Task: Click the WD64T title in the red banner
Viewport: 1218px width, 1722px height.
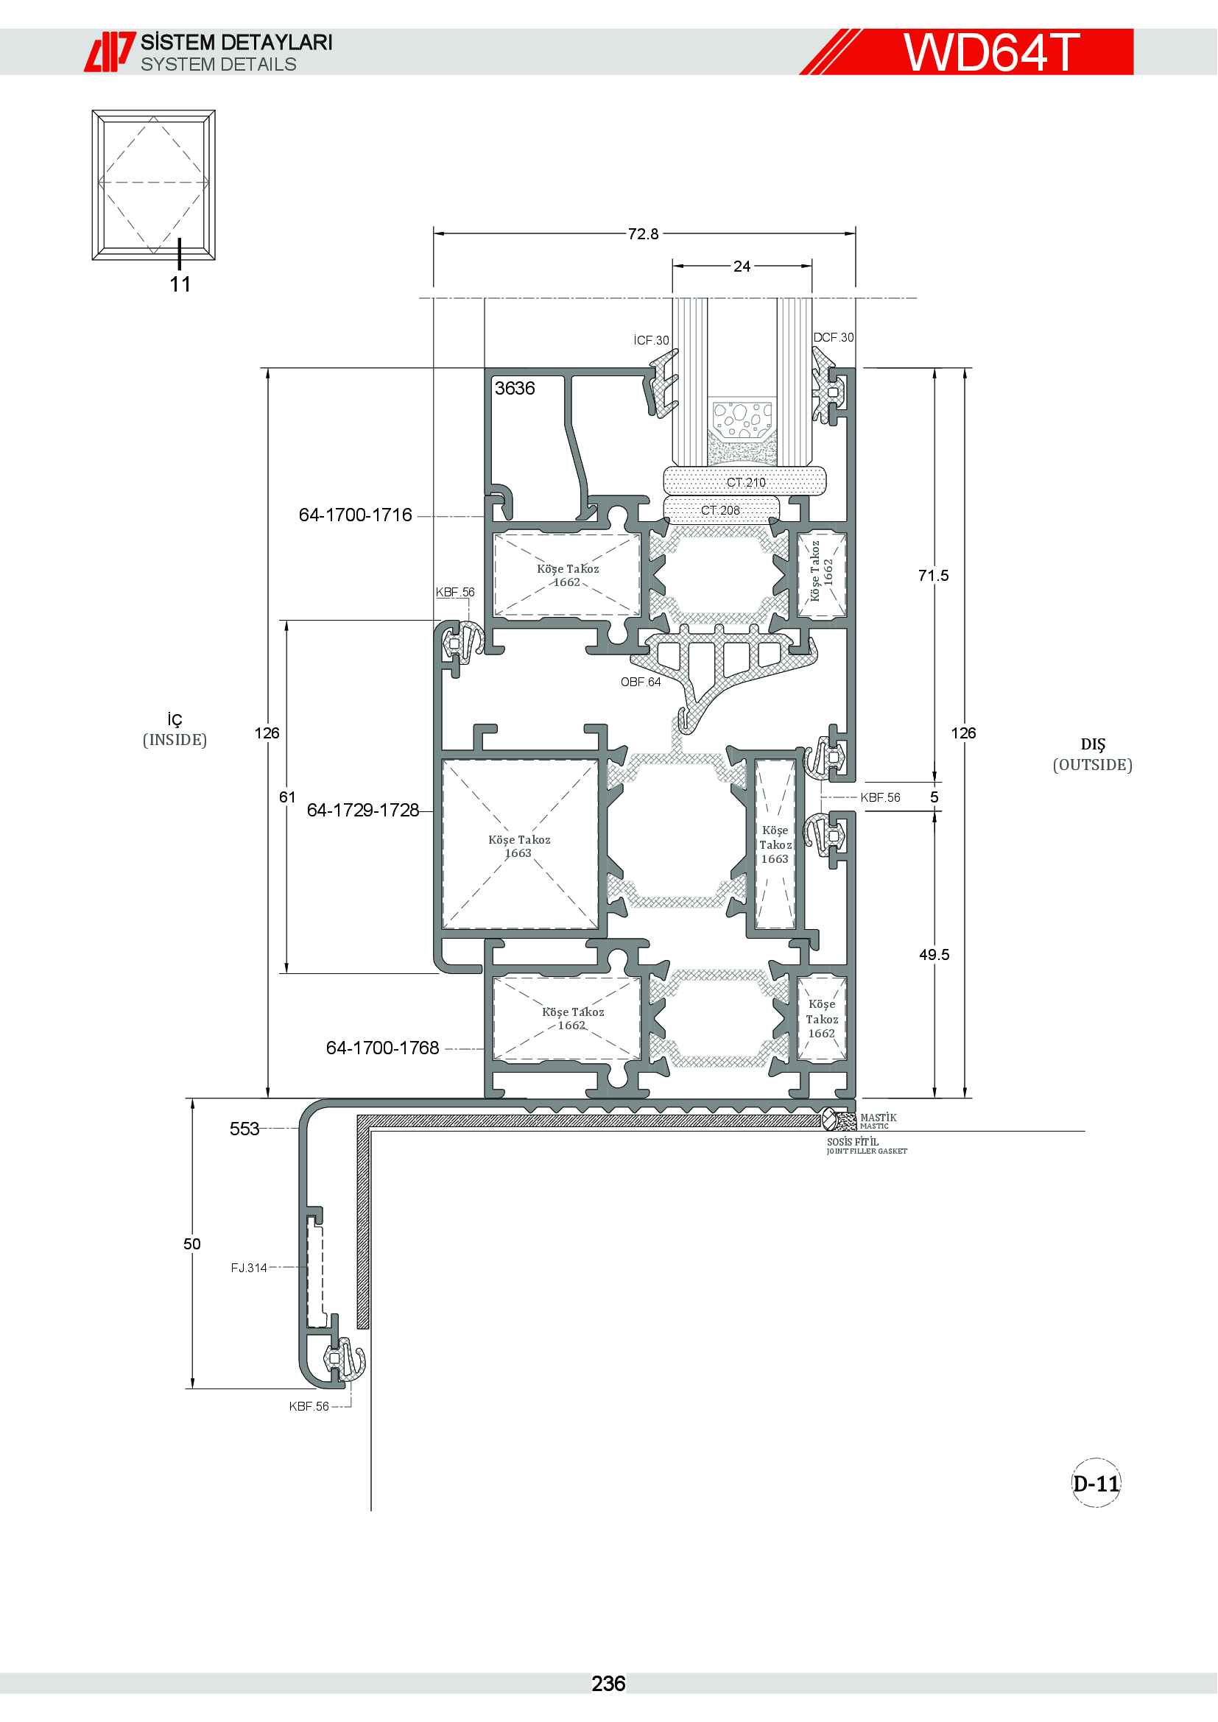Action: pyautogui.click(x=990, y=52)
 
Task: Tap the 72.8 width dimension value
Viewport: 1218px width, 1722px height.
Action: pyautogui.click(x=644, y=234)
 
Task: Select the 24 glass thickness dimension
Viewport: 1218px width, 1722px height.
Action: pyautogui.click(x=742, y=267)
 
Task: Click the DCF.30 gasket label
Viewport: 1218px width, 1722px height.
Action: pyautogui.click(x=834, y=337)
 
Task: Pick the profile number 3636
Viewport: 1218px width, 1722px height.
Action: pyautogui.click(x=515, y=388)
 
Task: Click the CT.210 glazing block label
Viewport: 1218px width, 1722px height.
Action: pyautogui.click(x=745, y=482)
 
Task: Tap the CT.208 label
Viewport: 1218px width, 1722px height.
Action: pyautogui.click(x=720, y=510)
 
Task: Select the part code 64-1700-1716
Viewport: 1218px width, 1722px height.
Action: pyautogui.click(x=356, y=515)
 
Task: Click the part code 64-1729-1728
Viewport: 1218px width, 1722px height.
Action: pyautogui.click(x=363, y=810)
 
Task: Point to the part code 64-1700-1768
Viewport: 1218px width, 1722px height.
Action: pyautogui.click(x=382, y=1048)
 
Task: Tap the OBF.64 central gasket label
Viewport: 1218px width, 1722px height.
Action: pyautogui.click(x=641, y=682)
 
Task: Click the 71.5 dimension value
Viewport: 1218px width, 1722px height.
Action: pyautogui.click(x=933, y=575)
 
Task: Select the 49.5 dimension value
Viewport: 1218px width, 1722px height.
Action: pyautogui.click(x=934, y=955)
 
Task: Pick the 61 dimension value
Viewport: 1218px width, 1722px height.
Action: pyautogui.click(x=287, y=797)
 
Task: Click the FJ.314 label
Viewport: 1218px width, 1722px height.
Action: pyautogui.click(x=249, y=1268)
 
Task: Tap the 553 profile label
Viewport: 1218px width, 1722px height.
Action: pyautogui.click(x=244, y=1129)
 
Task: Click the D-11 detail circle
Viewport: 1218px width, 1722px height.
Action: pyautogui.click(x=1096, y=1483)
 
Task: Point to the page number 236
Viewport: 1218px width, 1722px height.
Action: pyautogui.click(x=608, y=1684)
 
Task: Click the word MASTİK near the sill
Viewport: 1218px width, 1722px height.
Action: pyautogui.click(x=879, y=1118)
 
